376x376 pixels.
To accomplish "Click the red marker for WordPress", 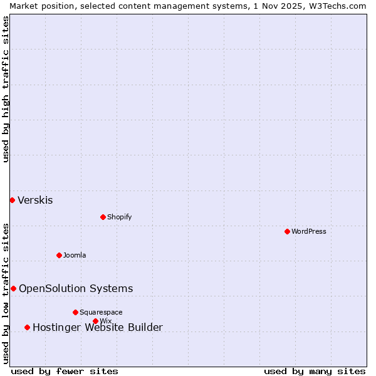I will (287, 231).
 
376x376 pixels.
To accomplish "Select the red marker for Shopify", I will (103, 217).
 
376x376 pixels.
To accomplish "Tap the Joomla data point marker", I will (59, 255).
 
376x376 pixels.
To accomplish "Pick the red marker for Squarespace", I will (75, 312).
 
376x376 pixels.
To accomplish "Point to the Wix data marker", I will (95, 321).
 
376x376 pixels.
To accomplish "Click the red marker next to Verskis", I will (12, 200).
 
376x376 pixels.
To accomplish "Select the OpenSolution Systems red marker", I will (13, 288).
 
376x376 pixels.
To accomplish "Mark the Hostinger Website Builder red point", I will (27, 327).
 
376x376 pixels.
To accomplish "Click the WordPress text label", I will (309, 231).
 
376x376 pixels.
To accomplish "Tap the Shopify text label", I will (119, 217).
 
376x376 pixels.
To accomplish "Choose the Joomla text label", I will (75, 255).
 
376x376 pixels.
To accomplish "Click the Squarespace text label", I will (101, 312).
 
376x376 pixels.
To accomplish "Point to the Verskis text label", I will (35, 201).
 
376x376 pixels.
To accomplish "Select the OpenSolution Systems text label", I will (76, 289).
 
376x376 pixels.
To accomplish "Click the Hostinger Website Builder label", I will (98, 328).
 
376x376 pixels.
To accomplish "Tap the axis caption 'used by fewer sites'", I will (65, 371).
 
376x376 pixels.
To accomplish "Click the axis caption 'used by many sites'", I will (315, 371).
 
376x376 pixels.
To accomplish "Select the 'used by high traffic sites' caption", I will (6, 89).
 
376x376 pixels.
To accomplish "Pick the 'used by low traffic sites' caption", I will (6, 293).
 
